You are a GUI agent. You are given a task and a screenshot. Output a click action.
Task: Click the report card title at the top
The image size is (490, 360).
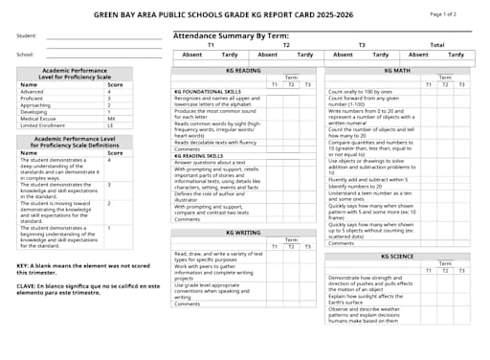[244, 15]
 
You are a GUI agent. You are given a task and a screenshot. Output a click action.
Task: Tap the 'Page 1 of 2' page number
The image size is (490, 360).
[443, 14]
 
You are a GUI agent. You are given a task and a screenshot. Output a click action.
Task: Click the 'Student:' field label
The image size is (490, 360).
[26, 36]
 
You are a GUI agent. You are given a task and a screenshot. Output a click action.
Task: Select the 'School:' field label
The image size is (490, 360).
[25, 55]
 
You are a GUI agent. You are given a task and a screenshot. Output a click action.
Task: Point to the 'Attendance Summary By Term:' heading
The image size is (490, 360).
[231, 35]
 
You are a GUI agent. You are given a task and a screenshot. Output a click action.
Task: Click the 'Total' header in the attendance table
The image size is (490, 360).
[436, 45]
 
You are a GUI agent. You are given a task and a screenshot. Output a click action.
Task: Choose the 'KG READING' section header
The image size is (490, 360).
[243, 70]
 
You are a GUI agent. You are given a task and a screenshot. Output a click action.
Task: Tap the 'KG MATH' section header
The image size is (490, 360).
[397, 70]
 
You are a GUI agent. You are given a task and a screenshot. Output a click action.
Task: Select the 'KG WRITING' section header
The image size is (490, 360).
[243, 233]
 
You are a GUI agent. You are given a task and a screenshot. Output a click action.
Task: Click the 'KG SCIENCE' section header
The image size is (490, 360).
[397, 257]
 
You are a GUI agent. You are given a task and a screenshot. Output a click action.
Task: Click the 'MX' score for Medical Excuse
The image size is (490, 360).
[111, 118]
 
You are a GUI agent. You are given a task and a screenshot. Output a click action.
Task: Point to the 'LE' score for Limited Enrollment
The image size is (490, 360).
[110, 124]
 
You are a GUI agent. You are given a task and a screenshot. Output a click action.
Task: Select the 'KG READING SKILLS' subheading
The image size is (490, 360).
[198, 155]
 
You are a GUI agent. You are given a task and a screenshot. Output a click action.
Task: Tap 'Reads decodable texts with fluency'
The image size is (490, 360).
[214, 142]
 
